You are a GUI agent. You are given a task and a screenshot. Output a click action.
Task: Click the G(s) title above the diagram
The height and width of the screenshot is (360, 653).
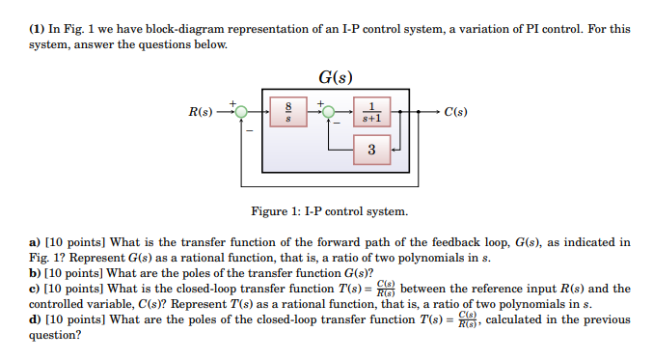334,76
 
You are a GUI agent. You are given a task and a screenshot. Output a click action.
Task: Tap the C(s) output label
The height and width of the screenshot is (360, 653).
456,112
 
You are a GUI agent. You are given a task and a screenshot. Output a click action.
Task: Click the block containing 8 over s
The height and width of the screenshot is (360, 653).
286,113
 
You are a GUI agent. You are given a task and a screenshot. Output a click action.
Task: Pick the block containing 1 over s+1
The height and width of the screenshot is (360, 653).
371,113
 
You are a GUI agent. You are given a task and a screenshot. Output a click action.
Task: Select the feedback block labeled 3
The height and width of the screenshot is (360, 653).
371,150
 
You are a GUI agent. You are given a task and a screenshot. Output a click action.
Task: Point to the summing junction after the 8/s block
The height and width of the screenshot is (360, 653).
327,112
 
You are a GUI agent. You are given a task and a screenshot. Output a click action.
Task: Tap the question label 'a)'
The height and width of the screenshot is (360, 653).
35,241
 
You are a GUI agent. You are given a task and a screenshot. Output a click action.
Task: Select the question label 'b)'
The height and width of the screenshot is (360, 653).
35,273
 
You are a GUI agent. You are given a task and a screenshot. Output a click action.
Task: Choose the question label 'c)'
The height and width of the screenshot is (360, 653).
35,289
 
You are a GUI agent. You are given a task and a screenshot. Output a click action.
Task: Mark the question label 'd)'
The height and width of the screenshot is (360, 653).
35,320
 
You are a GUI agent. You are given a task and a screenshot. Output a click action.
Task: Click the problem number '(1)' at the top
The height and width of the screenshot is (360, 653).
37,29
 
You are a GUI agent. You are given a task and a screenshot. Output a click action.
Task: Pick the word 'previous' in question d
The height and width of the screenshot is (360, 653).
610,320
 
